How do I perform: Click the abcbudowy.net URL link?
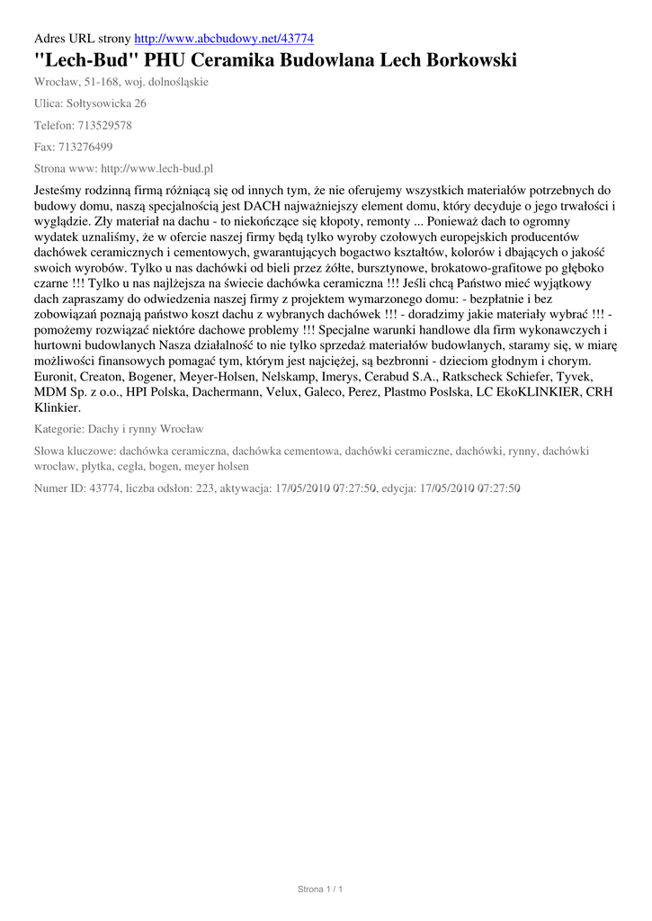tap(223, 39)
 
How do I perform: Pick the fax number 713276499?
tap(87, 147)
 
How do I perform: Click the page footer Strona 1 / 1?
tap(320, 890)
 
